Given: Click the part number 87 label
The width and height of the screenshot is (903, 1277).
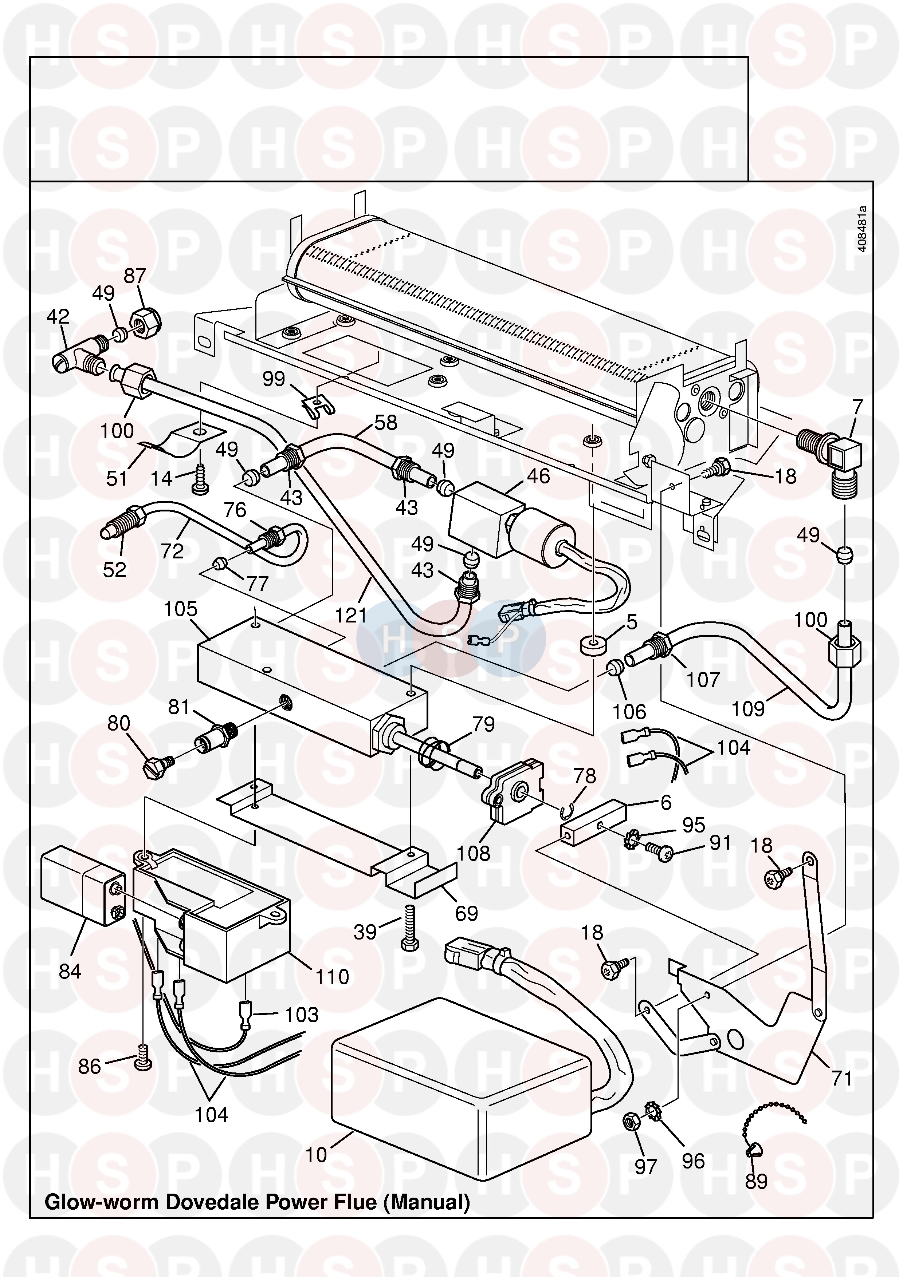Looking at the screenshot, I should click(x=135, y=276).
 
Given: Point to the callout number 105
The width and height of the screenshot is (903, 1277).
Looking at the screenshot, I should click(x=180, y=609).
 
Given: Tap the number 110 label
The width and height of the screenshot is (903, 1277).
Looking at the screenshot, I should click(x=332, y=977).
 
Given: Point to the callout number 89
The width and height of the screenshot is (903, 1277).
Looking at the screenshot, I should click(x=756, y=1181).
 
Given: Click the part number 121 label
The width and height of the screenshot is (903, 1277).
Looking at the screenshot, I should click(x=350, y=615).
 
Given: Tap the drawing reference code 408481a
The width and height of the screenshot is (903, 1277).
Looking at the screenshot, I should click(x=862, y=229).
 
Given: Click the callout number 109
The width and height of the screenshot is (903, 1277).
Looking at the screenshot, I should click(x=748, y=709).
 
